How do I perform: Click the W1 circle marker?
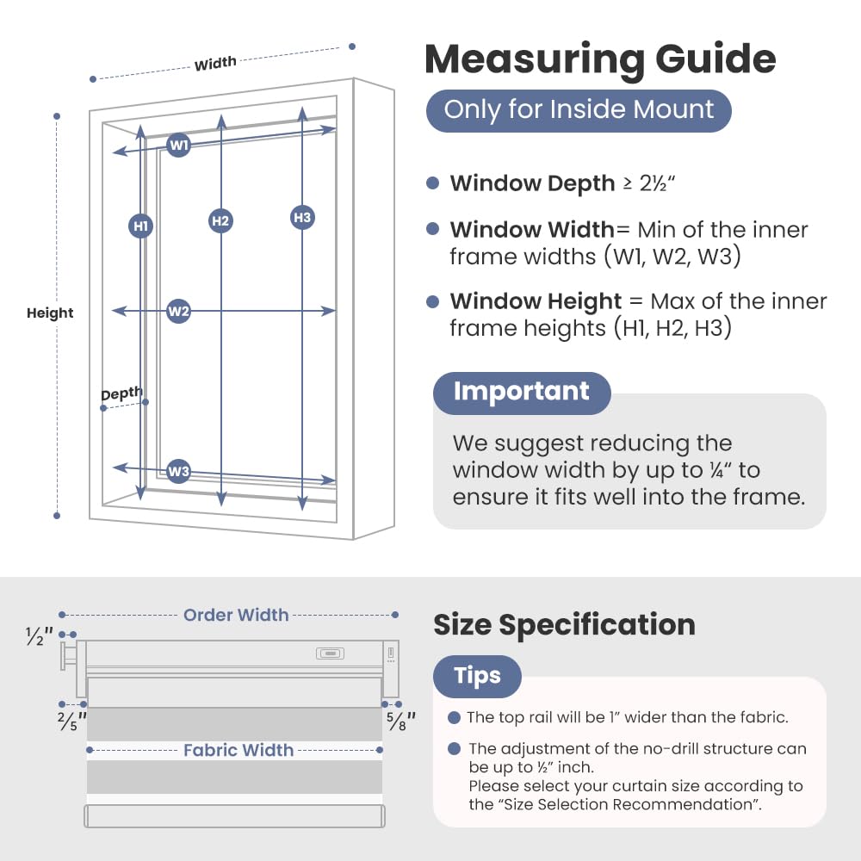178,145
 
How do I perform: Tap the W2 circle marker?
178,312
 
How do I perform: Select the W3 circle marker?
178,471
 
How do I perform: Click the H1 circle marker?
140,226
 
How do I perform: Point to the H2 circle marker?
220,220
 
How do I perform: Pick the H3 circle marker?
302,218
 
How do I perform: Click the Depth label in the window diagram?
121,393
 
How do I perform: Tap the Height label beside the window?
50,313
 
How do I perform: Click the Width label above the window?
215,63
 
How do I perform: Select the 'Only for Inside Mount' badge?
579,110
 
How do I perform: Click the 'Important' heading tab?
522,393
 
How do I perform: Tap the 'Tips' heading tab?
477,676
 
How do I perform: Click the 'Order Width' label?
236,615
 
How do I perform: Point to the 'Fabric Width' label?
238,750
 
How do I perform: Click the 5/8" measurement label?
401,721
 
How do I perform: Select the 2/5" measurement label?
72,721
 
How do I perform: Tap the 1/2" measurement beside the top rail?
40,636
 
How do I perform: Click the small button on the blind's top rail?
330,653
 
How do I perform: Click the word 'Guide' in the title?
715,59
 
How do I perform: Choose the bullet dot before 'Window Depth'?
433,183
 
